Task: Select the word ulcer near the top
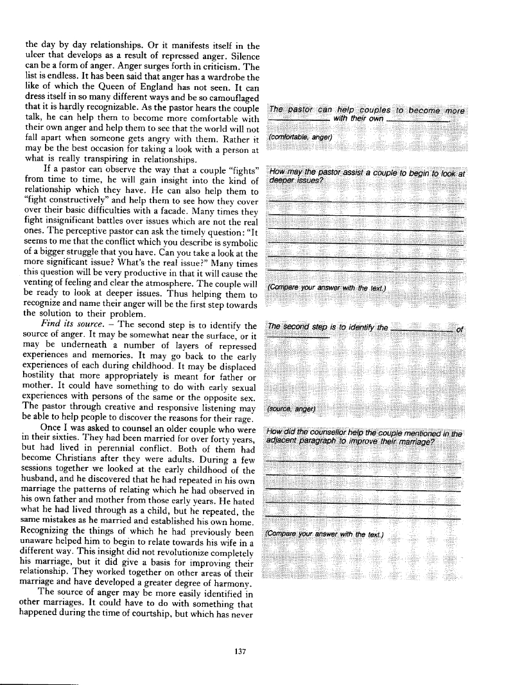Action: [36, 57]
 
